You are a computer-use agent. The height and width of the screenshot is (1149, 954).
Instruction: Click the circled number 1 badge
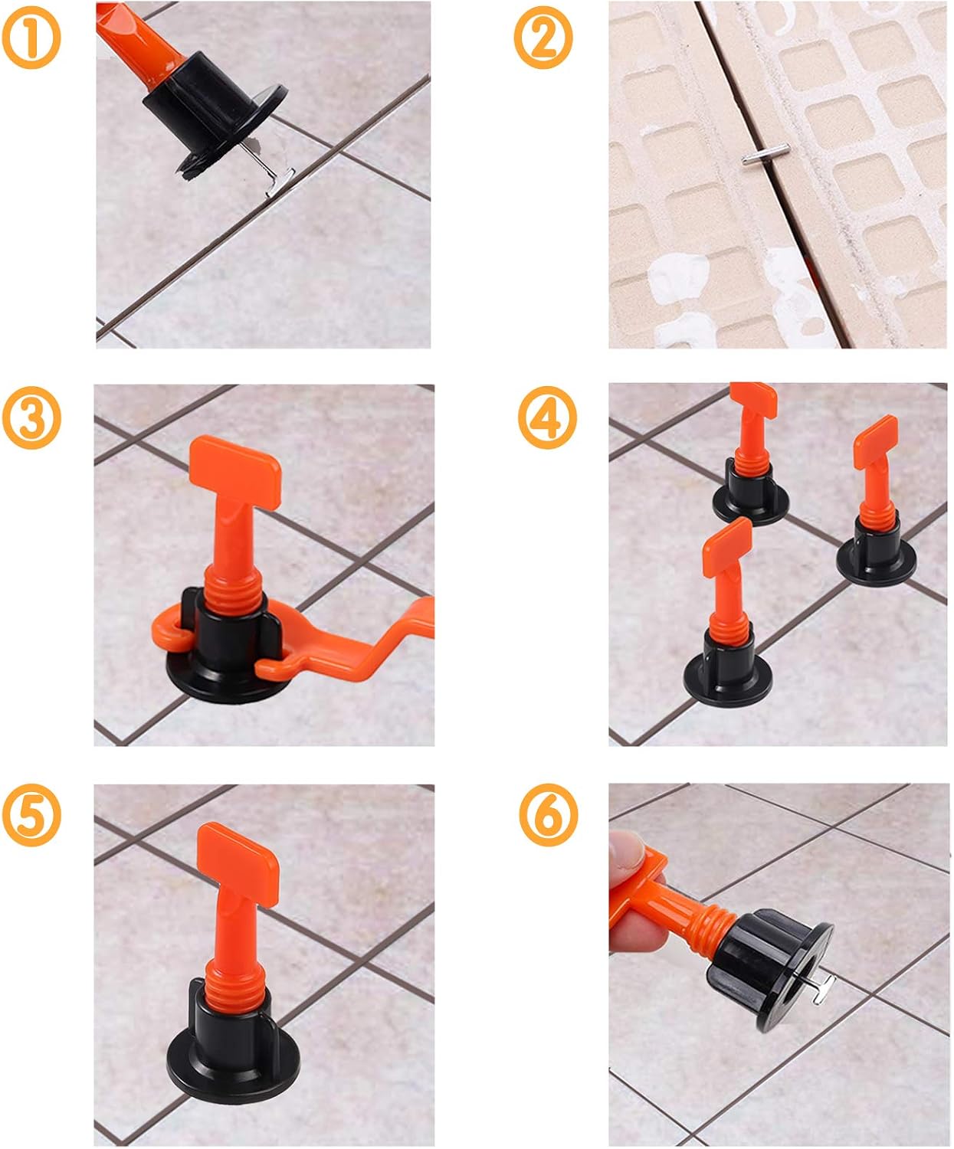click(31, 38)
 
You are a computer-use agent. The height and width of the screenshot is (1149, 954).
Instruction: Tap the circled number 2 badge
click(543, 38)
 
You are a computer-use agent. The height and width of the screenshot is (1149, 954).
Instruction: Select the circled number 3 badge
click(31, 417)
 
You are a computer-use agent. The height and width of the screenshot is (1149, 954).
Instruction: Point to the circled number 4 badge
click(547, 417)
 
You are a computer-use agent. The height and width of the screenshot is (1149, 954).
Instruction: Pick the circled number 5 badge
click(31, 815)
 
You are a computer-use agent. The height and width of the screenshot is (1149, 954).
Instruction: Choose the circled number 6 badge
click(549, 815)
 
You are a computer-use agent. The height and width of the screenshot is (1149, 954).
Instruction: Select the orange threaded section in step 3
click(234, 591)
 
